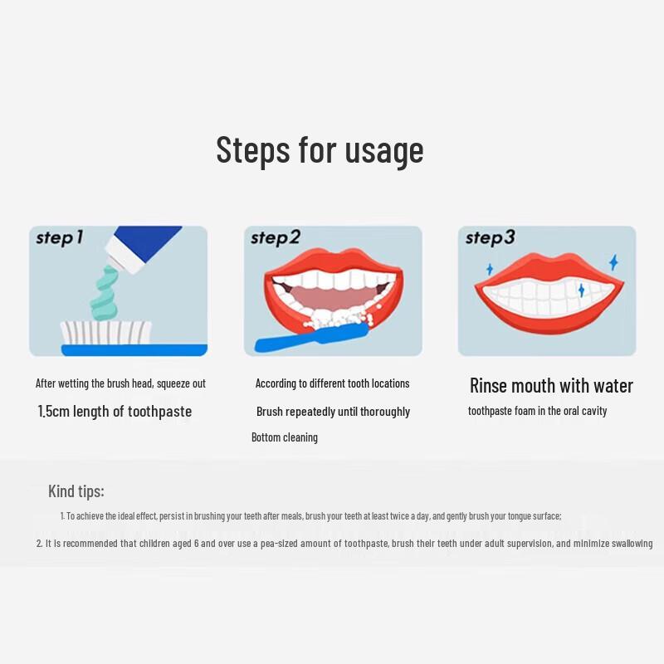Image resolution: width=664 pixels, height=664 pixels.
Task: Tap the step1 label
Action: [59, 238]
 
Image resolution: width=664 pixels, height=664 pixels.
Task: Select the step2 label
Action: [275, 238]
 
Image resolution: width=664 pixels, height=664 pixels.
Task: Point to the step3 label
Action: [490, 238]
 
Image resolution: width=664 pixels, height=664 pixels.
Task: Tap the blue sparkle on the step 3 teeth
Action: [581, 290]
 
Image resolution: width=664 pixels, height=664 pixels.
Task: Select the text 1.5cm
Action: [54, 412]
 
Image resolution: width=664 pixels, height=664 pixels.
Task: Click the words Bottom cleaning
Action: [285, 437]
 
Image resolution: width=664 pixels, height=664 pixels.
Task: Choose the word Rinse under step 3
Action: [487, 386]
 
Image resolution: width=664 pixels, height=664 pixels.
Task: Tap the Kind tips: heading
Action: [76, 491]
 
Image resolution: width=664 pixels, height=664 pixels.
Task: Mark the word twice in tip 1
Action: [417, 516]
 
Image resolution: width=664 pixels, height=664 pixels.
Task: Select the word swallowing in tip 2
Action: [627, 544]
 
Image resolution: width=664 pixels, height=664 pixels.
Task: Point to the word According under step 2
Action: [276, 383]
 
